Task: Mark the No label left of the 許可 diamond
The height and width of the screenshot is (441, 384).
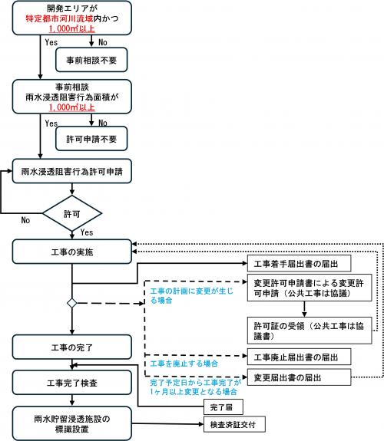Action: (x=25, y=219)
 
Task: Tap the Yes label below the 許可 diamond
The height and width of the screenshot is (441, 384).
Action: (x=87, y=232)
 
